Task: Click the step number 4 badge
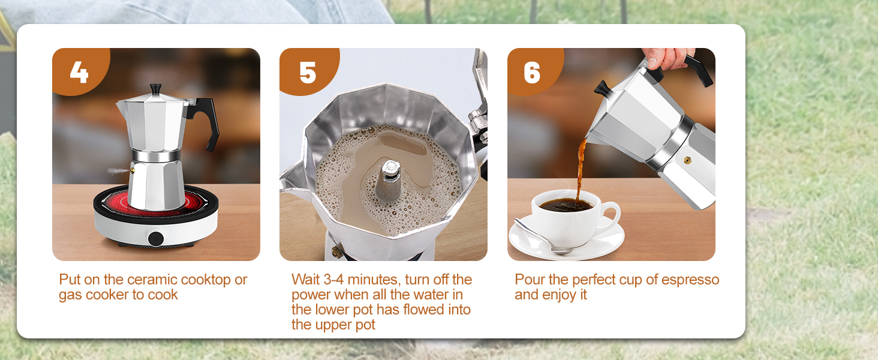pyautogui.click(x=79, y=73)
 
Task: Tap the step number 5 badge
pyautogui.click(x=307, y=73)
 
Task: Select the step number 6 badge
pyautogui.click(x=532, y=73)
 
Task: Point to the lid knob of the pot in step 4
pyautogui.click(x=156, y=89)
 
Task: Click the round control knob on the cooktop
pyautogui.click(x=157, y=237)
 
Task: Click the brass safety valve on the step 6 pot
pyautogui.click(x=687, y=160)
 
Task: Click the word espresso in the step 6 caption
pyautogui.click(x=691, y=280)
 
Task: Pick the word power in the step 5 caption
pyautogui.click(x=311, y=295)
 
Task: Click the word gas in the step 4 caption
pyautogui.click(x=70, y=295)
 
